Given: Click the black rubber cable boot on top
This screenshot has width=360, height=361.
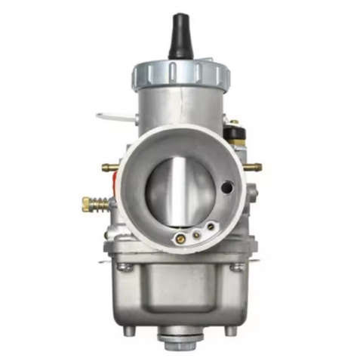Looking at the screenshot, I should point(179,38).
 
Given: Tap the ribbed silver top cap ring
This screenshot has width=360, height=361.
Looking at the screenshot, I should point(179,73).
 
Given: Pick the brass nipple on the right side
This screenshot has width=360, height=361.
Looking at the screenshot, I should point(254,164).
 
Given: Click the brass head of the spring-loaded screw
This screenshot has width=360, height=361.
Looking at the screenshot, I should point(88,203).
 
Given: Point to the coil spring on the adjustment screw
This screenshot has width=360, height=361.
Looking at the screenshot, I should point(102,202).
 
